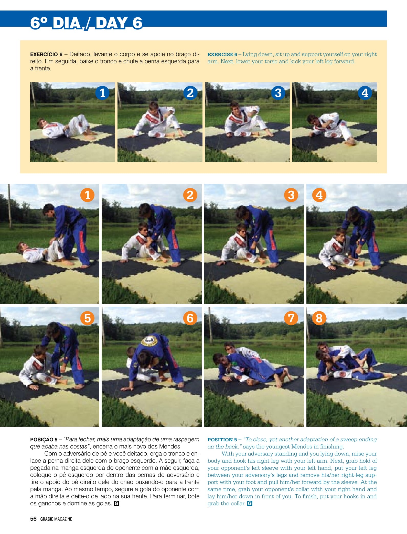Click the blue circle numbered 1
[102, 93]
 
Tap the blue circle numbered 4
[365, 93]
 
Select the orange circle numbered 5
[88, 318]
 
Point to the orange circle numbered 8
[319, 318]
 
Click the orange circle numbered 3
[291, 195]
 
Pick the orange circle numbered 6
[190, 318]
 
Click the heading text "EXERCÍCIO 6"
[46, 55]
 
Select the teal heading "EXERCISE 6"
[222, 55]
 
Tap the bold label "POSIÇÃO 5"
[44, 440]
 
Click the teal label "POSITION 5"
[222, 440]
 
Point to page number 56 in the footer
[33, 519]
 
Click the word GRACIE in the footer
[47, 519]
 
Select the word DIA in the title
[67, 23]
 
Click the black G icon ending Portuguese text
[116, 504]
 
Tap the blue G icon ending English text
[250, 504]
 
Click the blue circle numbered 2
[190, 93]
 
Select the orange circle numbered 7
[291, 318]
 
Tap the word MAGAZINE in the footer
[63, 519]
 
